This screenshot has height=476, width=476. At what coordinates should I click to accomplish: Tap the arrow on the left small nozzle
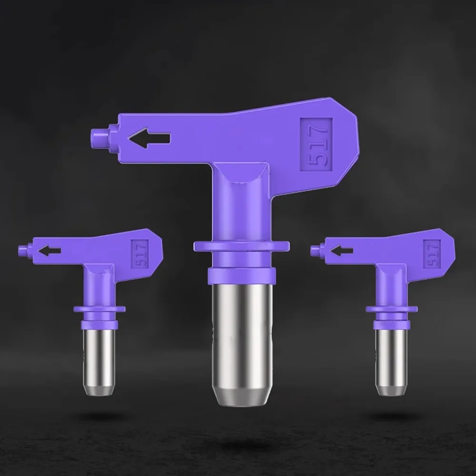click(49, 251)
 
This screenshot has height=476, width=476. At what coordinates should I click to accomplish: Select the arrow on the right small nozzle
click(341, 251)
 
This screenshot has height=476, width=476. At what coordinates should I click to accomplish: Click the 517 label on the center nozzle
click(316, 145)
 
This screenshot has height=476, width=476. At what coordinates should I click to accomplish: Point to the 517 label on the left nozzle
click(140, 254)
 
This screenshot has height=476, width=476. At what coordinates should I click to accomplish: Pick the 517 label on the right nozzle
click(432, 254)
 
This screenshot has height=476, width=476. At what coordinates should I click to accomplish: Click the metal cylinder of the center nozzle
click(242, 344)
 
